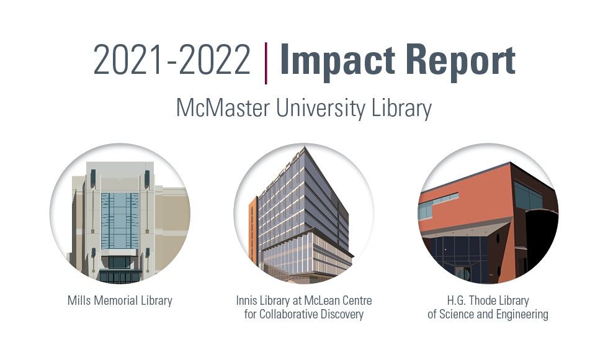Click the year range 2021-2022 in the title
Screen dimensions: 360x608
pos(172,60)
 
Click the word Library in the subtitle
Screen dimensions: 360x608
pos(400,108)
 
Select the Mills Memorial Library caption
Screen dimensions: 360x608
pos(120,301)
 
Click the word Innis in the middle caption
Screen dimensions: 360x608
pos(246,301)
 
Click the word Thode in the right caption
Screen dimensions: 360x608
pos(485,301)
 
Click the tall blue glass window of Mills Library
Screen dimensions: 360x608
pos(120,220)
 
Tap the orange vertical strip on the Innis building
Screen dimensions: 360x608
pos(253,223)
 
